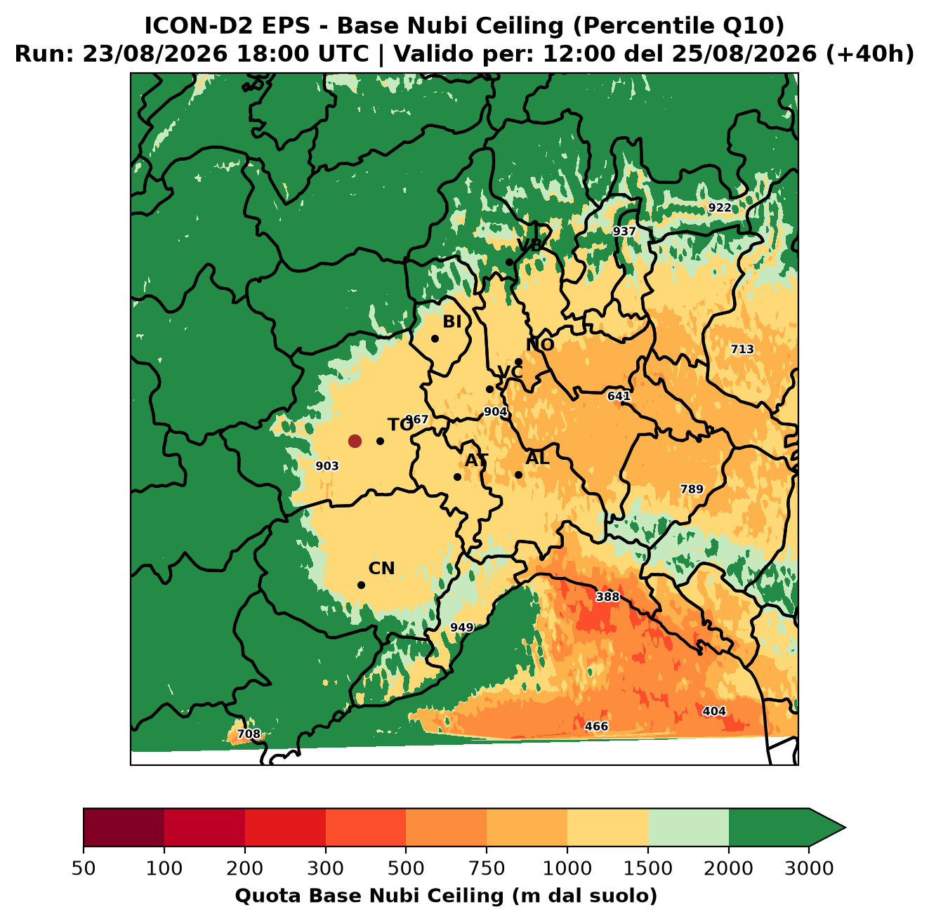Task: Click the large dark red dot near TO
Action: pyautogui.click(x=355, y=441)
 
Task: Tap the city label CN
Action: pyautogui.click(x=381, y=569)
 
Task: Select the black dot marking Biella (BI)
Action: pyautogui.click(x=435, y=339)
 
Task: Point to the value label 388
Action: pyautogui.click(x=607, y=597)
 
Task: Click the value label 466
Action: pyautogui.click(x=596, y=727)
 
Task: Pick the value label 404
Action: pyautogui.click(x=714, y=711)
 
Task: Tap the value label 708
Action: pyautogui.click(x=249, y=734)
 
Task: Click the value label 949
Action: pyautogui.click(x=462, y=628)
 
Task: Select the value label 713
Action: pyautogui.click(x=742, y=349)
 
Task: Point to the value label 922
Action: pyautogui.click(x=720, y=208)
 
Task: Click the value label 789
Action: pyautogui.click(x=692, y=489)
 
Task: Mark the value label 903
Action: pyautogui.click(x=327, y=466)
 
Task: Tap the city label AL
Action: pyautogui.click(x=537, y=458)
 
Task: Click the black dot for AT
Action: pyautogui.click(x=458, y=477)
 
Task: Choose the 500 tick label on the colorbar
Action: pyautogui.click(x=406, y=868)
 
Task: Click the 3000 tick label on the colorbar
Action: pyautogui.click(x=809, y=868)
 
